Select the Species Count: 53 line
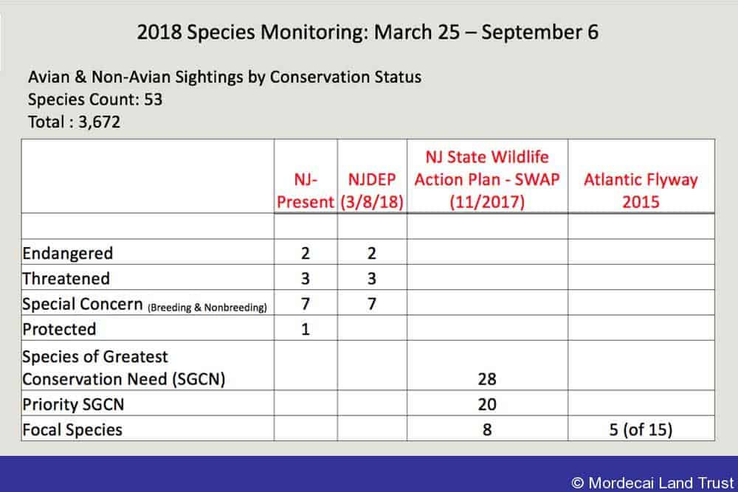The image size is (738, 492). (95, 100)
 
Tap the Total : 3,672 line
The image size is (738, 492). (74, 122)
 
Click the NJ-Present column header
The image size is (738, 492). (306, 190)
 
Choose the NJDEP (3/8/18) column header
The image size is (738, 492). (372, 190)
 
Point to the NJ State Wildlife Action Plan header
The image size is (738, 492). (487, 179)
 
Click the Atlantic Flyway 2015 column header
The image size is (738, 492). (641, 190)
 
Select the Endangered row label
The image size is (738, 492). (68, 254)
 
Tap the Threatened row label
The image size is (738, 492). (66, 279)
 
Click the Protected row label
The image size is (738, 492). (59, 329)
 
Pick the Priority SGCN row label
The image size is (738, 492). (73, 404)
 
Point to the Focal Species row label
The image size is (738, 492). (72, 430)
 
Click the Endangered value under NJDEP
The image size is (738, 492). (372, 254)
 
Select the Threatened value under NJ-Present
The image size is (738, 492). (306, 279)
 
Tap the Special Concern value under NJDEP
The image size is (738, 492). (372, 304)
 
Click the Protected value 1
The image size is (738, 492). (306, 329)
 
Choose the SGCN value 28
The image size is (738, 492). (487, 379)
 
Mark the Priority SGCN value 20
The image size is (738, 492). (487, 404)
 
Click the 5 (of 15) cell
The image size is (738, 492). (641, 430)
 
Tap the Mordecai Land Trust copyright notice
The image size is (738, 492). (653, 482)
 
